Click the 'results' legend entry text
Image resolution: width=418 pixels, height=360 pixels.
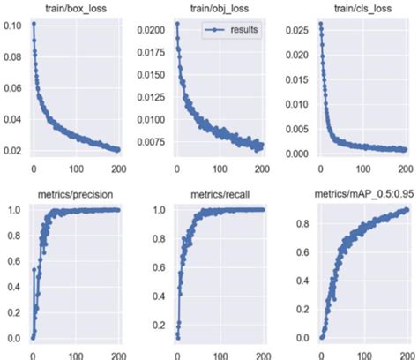[243, 30]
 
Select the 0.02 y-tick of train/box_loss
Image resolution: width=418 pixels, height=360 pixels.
[13, 151]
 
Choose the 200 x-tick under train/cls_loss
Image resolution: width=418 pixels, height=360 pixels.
[404, 168]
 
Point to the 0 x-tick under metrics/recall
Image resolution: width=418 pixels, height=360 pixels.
[176, 354]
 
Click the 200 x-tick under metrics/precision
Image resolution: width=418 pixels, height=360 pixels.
[119, 354]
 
